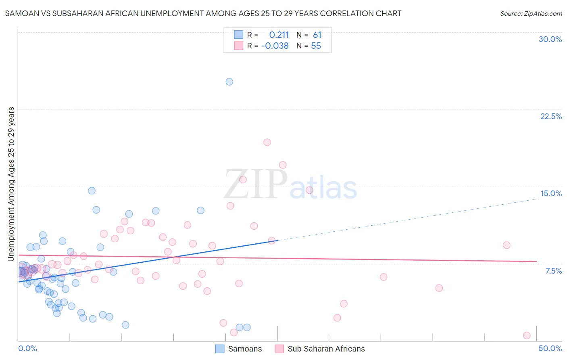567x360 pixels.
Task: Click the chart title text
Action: click(x=203, y=13)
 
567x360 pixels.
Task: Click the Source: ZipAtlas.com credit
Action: click(x=531, y=14)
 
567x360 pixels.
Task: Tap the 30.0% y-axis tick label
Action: click(x=550, y=39)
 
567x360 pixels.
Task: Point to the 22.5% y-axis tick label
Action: click(x=551, y=116)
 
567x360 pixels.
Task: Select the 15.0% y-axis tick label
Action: click(x=551, y=193)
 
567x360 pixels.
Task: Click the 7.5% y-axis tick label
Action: click(x=553, y=271)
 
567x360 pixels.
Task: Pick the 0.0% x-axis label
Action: click(x=27, y=348)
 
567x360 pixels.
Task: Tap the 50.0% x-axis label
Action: click(x=550, y=348)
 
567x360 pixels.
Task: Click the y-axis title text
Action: click(x=11, y=184)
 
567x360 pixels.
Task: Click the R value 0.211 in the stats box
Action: click(x=279, y=35)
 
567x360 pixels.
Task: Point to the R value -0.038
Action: click(x=275, y=46)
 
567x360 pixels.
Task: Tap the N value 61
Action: click(x=317, y=35)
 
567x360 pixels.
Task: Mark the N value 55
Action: click(x=316, y=46)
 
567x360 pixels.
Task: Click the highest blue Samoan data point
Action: click(x=229, y=82)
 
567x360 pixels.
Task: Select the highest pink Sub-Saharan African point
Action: click(x=267, y=142)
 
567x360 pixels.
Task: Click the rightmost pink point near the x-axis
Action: click(x=526, y=335)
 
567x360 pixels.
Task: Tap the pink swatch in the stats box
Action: click(x=239, y=46)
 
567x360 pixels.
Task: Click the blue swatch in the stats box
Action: click(x=239, y=35)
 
